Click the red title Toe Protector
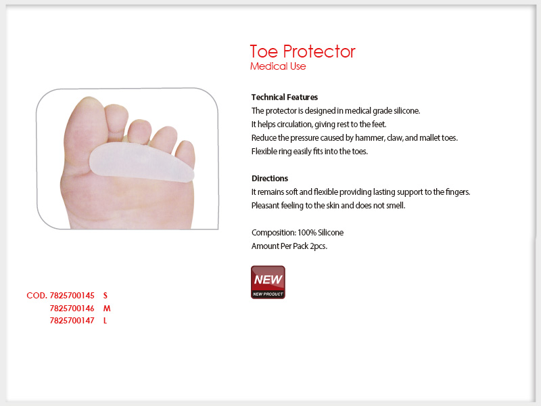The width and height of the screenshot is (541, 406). tap(302, 51)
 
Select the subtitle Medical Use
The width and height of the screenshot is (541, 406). tap(278, 66)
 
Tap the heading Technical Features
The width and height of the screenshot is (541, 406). tap(284, 97)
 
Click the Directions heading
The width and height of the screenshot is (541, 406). tap(269, 179)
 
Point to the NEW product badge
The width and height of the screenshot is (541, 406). tap(268, 282)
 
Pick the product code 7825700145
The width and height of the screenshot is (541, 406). tap(72, 296)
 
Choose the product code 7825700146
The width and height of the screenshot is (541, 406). tap(72, 309)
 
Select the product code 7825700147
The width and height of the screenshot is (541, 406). tap(72, 321)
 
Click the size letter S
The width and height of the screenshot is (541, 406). tap(105, 296)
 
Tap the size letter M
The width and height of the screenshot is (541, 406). tap(107, 309)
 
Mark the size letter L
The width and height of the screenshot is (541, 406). tap(105, 321)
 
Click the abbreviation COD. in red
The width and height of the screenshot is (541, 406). tap(37, 296)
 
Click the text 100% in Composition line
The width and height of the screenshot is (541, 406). tap(307, 233)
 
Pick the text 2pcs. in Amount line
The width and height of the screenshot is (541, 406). tap(319, 246)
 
